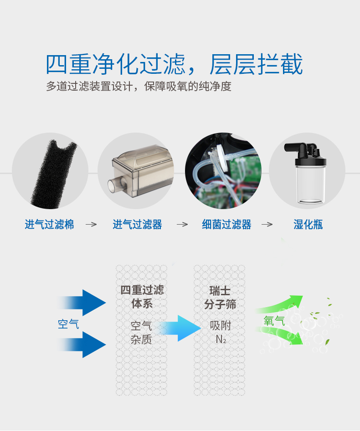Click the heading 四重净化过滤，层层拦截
(x=174, y=64)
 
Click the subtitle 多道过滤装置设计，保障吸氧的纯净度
(x=139, y=86)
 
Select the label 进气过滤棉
(x=49, y=225)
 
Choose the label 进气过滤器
(x=137, y=225)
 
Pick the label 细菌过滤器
(x=226, y=225)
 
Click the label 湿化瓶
(x=308, y=225)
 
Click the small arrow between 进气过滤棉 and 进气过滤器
(x=91, y=225)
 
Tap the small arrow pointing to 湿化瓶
(x=267, y=225)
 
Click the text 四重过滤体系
(x=142, y=297)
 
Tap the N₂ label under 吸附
(x=221, y=339)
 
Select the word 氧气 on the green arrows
(x=274, y=321)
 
